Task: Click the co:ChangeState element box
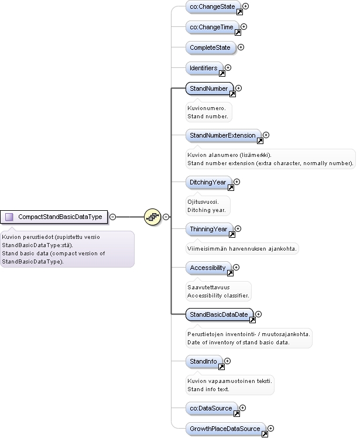click(213, 6)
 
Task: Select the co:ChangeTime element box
click(212, 27)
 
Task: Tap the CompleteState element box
click(211, 47)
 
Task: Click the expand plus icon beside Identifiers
click(228, 67)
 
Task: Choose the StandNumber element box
click(210, 88)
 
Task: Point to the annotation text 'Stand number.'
click(208, 116)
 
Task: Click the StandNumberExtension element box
click(224, 135)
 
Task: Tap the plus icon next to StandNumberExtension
click(266, 135)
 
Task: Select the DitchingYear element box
click(208, 183)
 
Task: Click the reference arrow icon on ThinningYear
click(232, 234)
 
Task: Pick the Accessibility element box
click(208, 268)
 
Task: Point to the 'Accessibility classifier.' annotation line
click(218, 296)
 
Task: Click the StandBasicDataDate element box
click(220, 314)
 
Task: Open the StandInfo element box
click(204, 361)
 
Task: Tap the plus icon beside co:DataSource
click(243, 408)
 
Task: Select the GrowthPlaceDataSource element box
click(226, 429)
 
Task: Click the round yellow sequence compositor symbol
click(153, 217)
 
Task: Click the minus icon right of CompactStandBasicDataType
click(112, 217)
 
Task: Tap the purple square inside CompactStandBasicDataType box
click(9, 217)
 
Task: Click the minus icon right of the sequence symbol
click(166, 217)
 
